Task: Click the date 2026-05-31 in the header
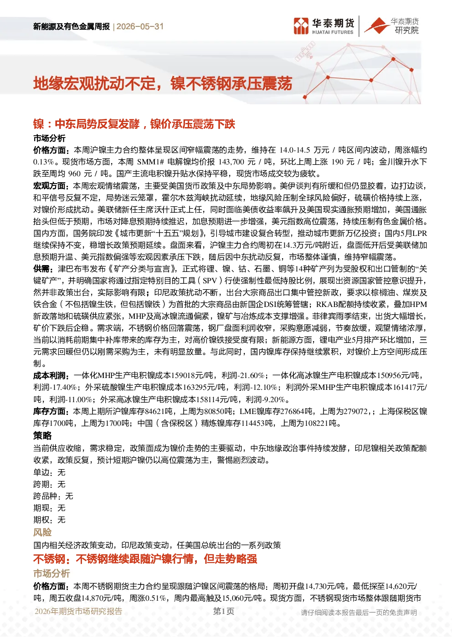click(x=140, y=26)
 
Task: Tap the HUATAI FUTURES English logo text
click(x=333, y=32)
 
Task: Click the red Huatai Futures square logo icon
click(x=301, y=26)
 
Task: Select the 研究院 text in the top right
click(x=406, y=30)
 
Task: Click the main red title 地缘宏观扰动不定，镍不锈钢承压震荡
click(x=163, y=84)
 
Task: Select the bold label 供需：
click(x=43, y=269)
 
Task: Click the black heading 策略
click(x=42, y=435)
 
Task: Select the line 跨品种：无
click(x=53, y=496)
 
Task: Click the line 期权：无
click(x=49, y=520)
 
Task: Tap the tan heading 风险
click(x=42, y=532)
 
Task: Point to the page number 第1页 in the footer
click(x=224, y=611)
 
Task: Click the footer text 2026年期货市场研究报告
click(x=78, y=611)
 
